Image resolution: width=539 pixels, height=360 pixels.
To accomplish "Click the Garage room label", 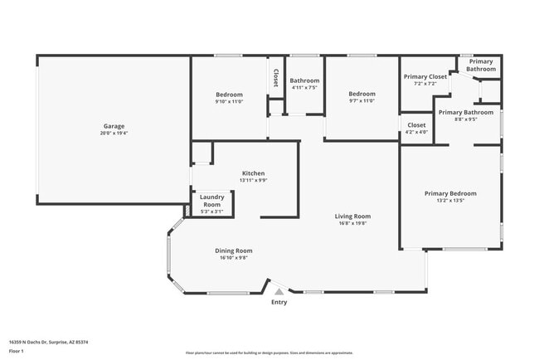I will click(113, 125).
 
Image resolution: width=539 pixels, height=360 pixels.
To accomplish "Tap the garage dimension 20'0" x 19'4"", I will click(113, 133).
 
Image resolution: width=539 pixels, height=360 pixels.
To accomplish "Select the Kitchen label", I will click(253, 173).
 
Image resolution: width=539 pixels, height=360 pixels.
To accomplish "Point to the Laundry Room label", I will click(212, 201).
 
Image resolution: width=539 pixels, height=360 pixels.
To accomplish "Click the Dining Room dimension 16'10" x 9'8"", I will click(235, 258).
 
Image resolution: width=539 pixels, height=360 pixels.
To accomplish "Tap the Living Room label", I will click(352, 216).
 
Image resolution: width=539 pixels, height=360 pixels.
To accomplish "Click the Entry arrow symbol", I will click(279, 291).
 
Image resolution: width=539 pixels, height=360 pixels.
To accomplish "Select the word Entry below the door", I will click(279, 302).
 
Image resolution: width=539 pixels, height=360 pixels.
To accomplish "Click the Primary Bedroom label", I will click(450, 193).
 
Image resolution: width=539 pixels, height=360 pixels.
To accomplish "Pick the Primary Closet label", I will click(425, 77).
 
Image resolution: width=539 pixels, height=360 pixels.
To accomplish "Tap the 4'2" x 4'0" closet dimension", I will click(416, 132).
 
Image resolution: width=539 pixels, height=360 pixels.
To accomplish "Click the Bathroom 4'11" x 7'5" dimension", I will click(304, 88).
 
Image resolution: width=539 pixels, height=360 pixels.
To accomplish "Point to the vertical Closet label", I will click(275, 77).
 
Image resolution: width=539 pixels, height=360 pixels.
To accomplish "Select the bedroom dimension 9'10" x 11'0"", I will click(229, 101).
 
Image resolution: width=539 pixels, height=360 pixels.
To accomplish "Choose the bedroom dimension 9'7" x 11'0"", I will click(362, 101).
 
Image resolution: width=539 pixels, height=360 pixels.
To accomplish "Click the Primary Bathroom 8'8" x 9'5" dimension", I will click(466, 119).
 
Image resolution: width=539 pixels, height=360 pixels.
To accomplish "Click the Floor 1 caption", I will click(17, 351).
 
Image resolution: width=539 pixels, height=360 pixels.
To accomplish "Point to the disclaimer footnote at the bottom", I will click(269, 353).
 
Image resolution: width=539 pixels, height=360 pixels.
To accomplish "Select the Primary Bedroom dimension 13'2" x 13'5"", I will click(450, 201).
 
